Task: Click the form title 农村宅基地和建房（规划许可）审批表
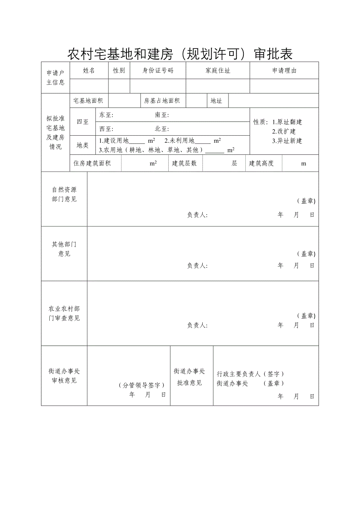click(x=180, y=54)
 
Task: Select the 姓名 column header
click(x=89, y=70)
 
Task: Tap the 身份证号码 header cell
click(x=158, y=70)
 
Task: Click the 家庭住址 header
click(x=218, y=71)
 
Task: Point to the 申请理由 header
click(x=284, y=71)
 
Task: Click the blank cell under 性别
click(x=119, y=86)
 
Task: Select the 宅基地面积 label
click(x=88, y=101)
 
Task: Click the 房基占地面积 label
click(x=162, y=101)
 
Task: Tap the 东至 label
click(x=106, y=115)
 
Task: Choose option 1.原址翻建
click(x=287, y=122)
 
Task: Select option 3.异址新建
click(x=287, y=141)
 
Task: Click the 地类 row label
click(x=82, y=145)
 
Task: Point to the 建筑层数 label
click(x=184, y=163)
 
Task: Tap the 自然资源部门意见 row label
click(x=64, y=194)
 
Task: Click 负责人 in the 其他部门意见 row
click(x=197, y=266)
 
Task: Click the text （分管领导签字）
click(x=141, y=385)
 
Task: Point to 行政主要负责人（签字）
click(x=250, y=374)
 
